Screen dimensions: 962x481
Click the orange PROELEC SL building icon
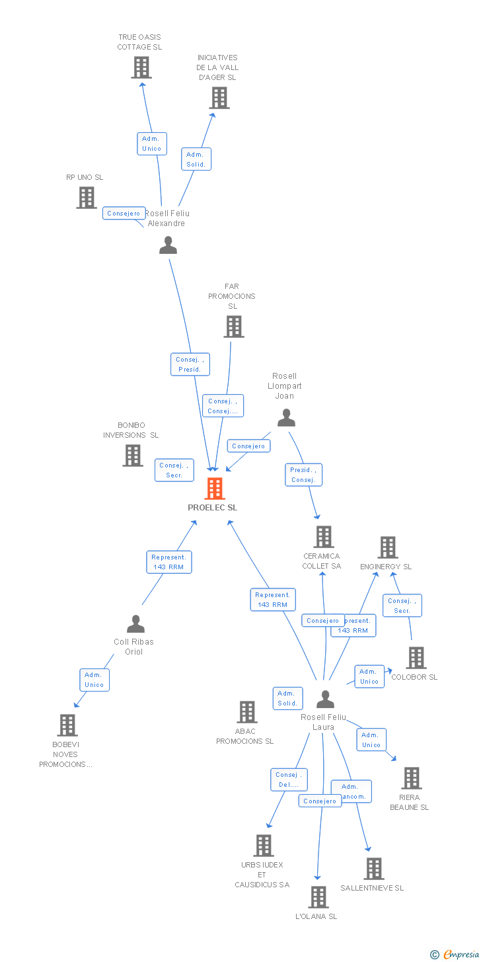tap(215, 489)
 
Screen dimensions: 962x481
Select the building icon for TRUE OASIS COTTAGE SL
tap(141, 67)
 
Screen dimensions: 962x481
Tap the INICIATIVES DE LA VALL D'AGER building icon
tap(219, 98)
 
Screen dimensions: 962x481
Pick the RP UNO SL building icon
tap(86, 197)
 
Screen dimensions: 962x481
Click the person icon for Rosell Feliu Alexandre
tap(168, 245)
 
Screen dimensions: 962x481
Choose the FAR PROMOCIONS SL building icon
tap(233, 327)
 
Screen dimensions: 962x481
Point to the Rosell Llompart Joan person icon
tap(286, 417)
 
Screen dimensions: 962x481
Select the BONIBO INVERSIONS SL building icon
tap(132, 455)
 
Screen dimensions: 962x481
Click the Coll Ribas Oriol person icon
tap(135, 623)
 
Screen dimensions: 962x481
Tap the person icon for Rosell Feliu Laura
tap(325, 699)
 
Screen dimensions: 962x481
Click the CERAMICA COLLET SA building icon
tap(323, 537)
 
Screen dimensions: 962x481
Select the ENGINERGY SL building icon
tap(387, 547)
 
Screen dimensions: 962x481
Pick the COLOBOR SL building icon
tap(416, 658)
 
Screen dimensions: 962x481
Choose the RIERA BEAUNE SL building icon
tap(411, 778)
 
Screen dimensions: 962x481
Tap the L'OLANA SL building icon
tap(318, 897)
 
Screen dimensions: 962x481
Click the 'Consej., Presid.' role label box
tap(190, 364)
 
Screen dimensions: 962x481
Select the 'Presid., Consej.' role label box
tap(304, 475)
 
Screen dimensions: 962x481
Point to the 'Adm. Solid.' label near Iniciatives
tap(196, 159)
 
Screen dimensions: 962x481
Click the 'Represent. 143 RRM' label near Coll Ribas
tap(169, 562)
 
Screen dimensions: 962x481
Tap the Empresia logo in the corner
tap(460, 954)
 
